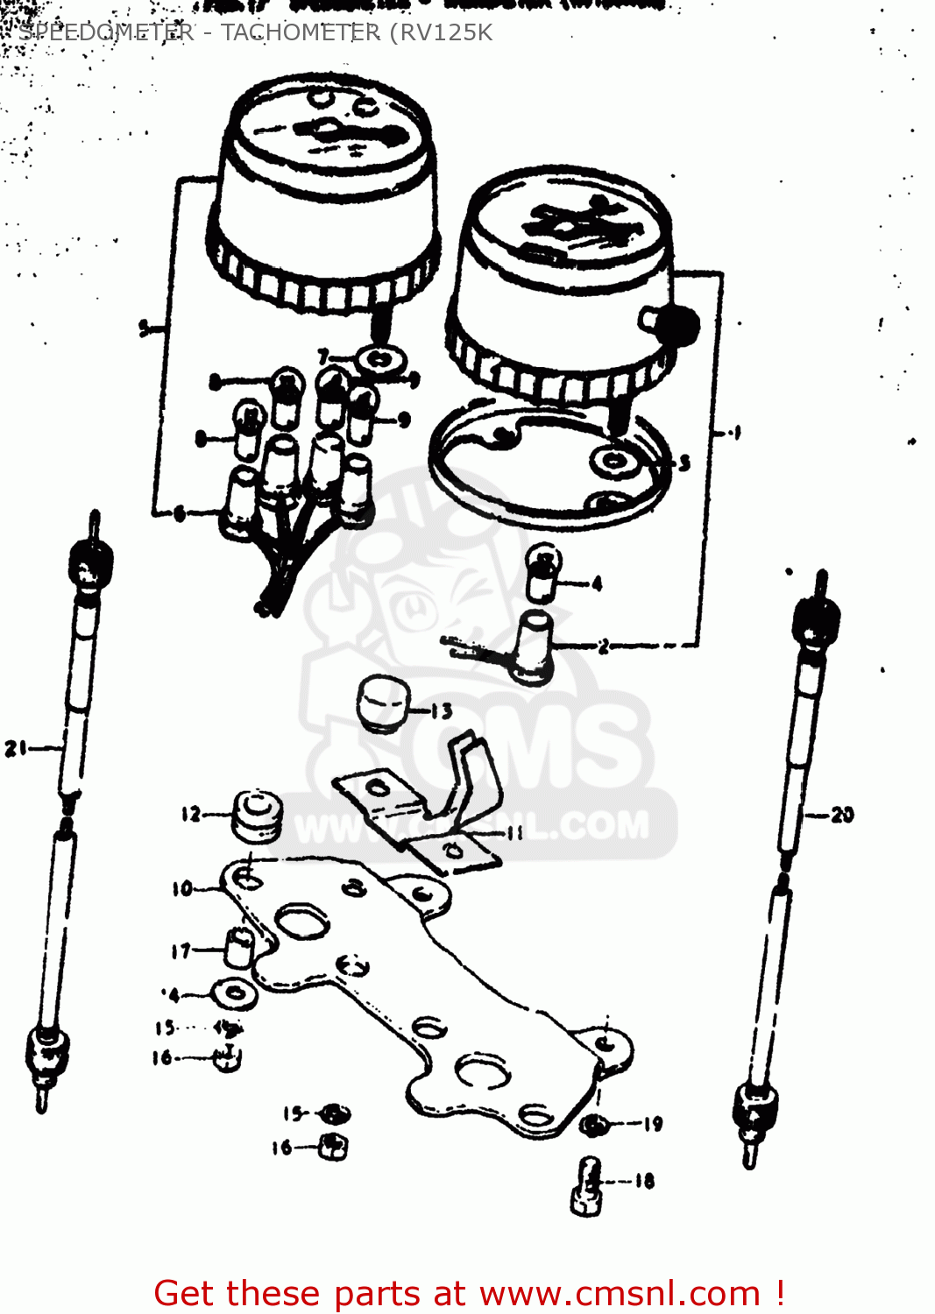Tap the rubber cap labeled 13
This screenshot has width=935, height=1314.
click(x=383, y=701)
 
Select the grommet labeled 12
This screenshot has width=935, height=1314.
click(x=257, y=816)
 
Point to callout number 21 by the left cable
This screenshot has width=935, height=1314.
click(x=17, y=749)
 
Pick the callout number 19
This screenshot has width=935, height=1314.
click(x=653, y=1124)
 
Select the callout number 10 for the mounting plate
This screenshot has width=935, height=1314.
click(x=182, y=889)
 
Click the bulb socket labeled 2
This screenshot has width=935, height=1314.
click(x=533, y=646)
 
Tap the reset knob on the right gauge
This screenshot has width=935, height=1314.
click(x=677, y=326)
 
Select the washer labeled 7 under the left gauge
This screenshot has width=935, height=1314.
click(x=379, y=359)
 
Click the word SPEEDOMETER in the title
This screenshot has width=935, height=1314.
click(x=106, y=33)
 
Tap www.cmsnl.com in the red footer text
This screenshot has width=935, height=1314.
click(x=620, y=1293)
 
